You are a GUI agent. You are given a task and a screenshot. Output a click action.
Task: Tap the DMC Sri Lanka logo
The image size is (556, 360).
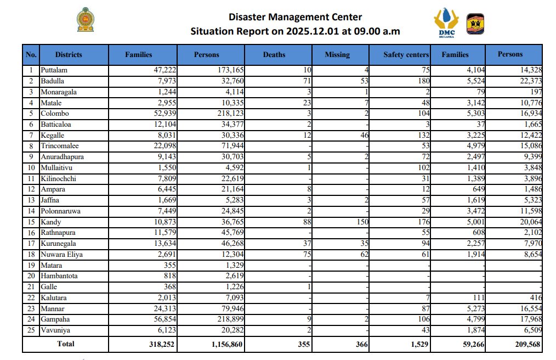446,22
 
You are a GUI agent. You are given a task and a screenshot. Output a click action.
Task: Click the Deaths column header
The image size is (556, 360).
274,55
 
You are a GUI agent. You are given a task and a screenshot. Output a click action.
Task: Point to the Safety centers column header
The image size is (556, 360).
406,55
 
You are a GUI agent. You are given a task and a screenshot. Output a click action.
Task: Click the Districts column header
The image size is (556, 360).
69,55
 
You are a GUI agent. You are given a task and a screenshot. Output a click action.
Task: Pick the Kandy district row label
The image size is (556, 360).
51,222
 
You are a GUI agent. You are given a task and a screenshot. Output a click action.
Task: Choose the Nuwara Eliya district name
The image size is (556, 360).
59,255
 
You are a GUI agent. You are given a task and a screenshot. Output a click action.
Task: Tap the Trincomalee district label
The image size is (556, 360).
59,146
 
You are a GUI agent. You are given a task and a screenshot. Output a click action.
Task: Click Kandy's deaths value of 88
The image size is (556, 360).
307,222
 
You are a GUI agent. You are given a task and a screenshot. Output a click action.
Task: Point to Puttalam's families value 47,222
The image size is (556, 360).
163,70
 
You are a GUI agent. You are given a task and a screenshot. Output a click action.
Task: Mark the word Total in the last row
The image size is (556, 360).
66,344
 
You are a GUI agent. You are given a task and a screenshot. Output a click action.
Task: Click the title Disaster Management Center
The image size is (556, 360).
295,18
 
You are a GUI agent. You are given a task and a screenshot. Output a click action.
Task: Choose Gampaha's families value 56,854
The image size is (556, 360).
163,319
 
